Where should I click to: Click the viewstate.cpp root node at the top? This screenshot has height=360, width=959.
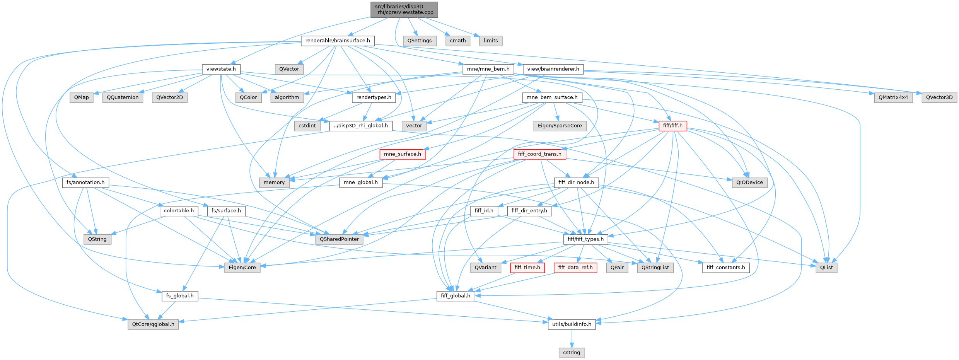click(x=404, y=9)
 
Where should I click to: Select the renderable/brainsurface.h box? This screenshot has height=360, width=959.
click(x=337, y=41)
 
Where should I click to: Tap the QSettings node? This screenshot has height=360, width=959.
click(x=419, y=41)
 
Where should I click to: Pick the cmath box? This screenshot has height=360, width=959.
click(x=458, y=41)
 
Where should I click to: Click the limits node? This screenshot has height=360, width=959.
click(x=491, y=41)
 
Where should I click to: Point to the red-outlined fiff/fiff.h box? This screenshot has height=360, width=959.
click(x=672, y=126)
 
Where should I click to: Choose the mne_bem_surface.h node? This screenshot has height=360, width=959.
click(x=552, y=97)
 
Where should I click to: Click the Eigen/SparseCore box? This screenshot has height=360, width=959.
click(x=560, y=126)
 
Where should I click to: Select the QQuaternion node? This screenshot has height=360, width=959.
click(x=123, y=97)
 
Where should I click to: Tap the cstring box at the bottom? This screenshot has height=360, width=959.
click(x=572, y=353)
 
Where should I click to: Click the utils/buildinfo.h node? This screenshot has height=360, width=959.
click(x=572, y=324)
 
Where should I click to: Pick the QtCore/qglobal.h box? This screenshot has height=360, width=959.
click(x=153, y=324)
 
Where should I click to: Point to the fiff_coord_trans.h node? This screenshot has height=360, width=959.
click(x=539, y=154)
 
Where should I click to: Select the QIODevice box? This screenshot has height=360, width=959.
click(x=749, y=183)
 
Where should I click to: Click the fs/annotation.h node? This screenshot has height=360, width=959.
click(x=85, y=183)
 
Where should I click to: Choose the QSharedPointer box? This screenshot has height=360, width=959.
click(x=339, y=239)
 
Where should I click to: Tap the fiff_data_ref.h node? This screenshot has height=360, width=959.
click(x=575, y=267)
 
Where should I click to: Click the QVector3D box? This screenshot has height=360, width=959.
click(x=939, y=97)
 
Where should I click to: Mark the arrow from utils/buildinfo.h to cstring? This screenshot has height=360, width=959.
click(x=572, y=339)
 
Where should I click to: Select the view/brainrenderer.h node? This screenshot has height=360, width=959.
click(x=553, y=69)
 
